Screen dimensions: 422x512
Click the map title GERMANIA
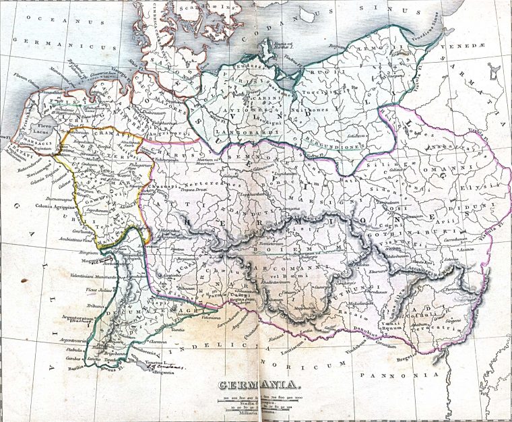point(258,386)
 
